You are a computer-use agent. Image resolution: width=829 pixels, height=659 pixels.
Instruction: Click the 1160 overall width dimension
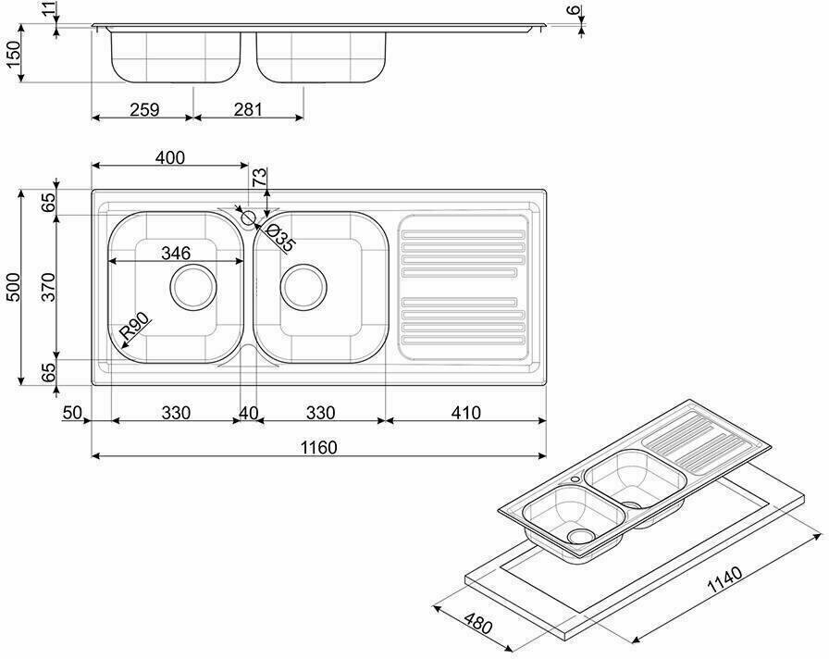(317, 447)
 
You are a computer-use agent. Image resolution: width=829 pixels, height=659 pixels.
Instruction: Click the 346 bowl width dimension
(176, 252)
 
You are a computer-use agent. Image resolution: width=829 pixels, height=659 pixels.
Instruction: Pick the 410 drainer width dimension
(464, 413)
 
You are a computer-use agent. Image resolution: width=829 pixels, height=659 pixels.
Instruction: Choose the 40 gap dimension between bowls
(249, 413)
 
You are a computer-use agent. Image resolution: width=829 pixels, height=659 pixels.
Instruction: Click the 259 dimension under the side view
(144, 109)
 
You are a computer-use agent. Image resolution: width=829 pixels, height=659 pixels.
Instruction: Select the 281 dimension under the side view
(248, 109)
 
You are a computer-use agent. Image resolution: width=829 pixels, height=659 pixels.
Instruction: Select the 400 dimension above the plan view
(169, 158)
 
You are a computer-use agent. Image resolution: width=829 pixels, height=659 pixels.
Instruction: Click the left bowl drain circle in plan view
(193, 287)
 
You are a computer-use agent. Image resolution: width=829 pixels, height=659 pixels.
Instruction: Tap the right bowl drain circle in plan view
(303, 287)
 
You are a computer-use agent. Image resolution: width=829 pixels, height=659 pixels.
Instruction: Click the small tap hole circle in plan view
(248, 218)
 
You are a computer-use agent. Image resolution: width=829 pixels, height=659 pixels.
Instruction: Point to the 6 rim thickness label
(574, 12)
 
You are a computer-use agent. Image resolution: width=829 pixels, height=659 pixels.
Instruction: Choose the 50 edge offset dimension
(72, 413)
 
